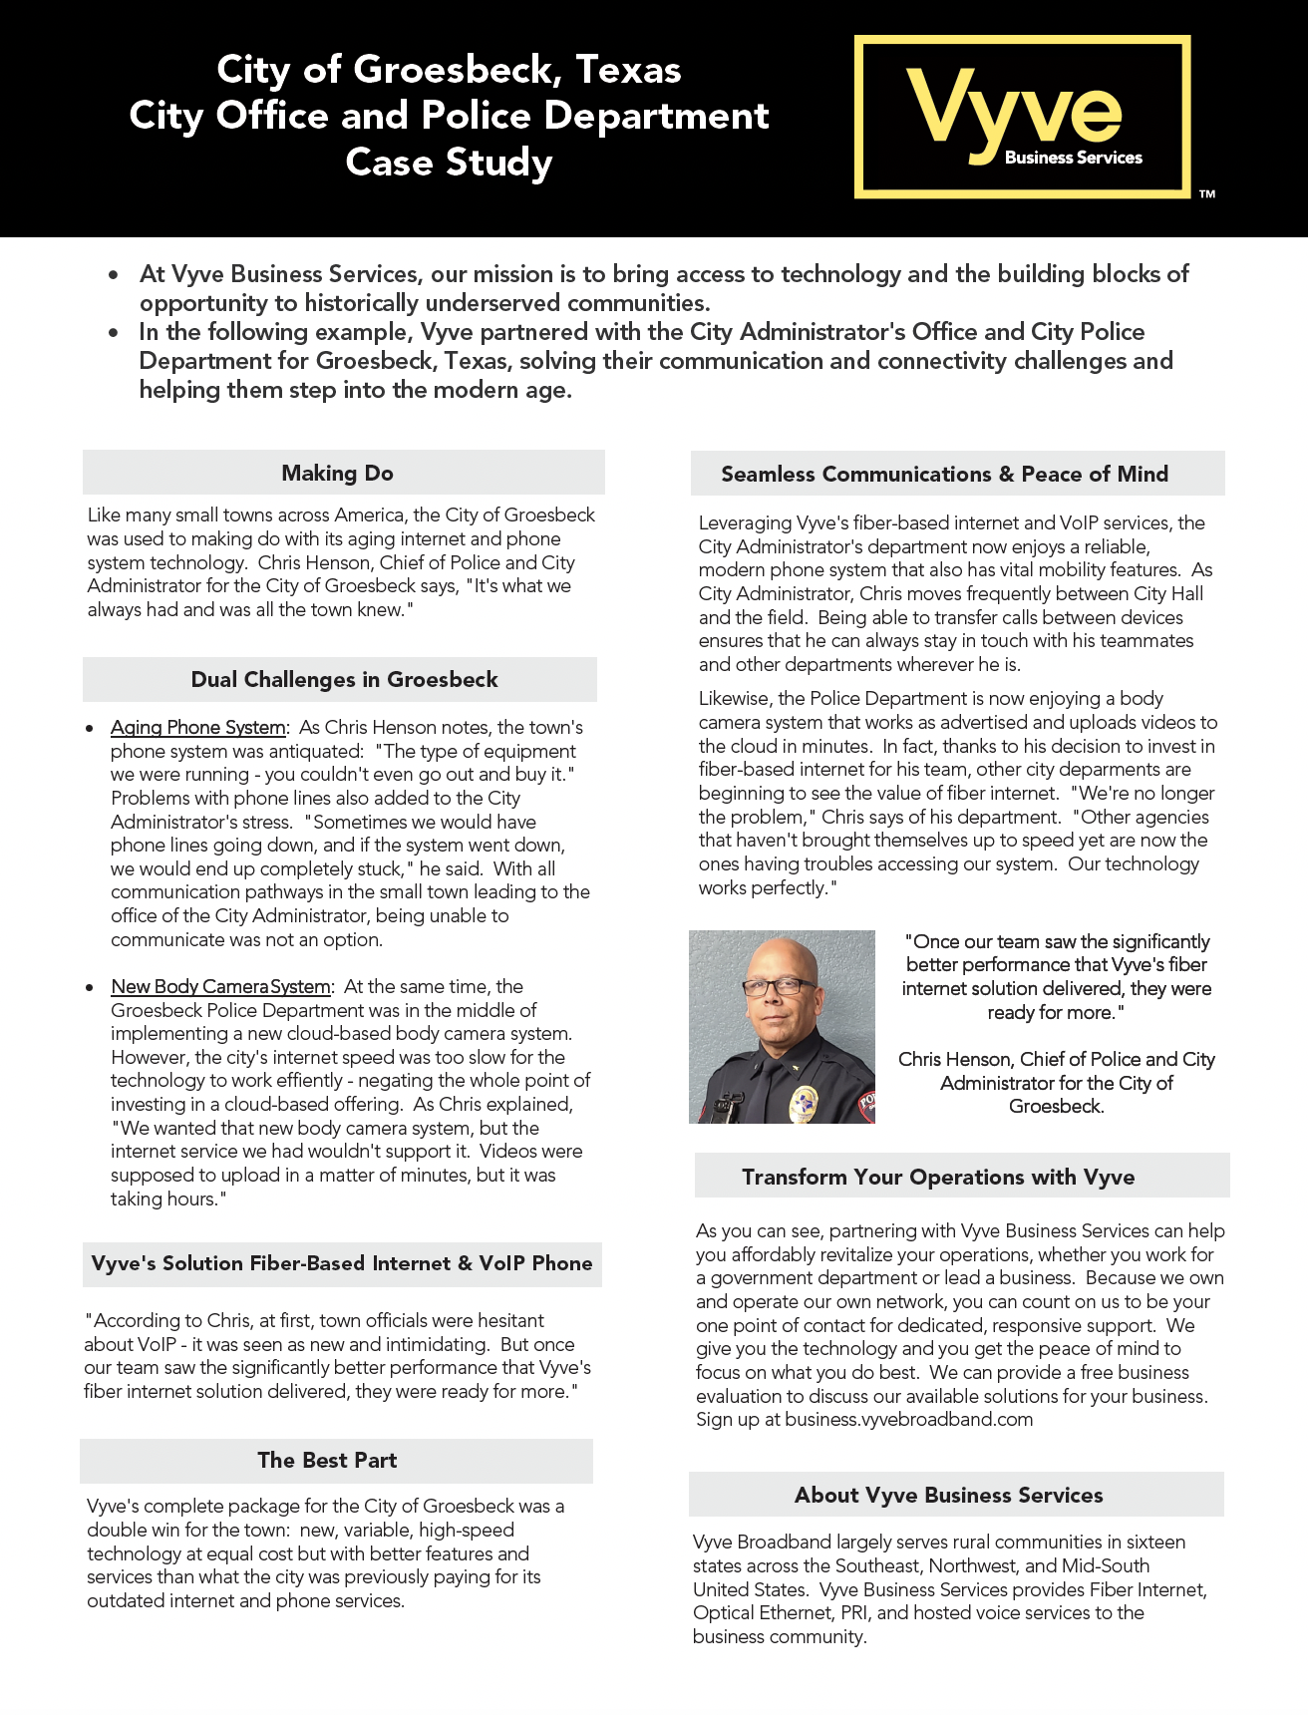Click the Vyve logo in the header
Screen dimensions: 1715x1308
click(1022, 117)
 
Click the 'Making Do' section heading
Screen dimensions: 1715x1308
click(337, 473)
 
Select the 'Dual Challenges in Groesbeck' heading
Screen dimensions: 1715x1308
click(344, 679)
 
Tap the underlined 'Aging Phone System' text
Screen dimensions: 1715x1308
click(198, 728)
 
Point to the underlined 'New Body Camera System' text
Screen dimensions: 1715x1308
click(220, 987)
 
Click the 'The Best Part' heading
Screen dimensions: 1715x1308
click(327, 1460)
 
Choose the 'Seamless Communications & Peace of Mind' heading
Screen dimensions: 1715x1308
click(944, 474)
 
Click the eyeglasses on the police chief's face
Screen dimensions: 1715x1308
click(779, 986)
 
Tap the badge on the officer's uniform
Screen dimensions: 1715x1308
click(804, 1101)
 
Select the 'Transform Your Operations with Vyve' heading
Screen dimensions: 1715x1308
click(938, 1177)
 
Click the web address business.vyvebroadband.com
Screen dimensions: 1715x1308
click(908, 1420)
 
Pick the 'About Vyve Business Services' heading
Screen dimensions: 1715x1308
click(948, 1495)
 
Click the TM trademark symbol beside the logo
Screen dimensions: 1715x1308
click(1207, 194)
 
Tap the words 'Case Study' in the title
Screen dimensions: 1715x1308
click(449, 163)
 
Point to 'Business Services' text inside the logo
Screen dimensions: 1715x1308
click(1073, 158)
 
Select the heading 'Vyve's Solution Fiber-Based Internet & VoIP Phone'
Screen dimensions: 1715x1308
click(341, 1263)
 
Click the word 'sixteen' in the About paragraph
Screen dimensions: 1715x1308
click(1155, 1543)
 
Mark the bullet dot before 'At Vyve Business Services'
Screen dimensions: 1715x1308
click(116, 274)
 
